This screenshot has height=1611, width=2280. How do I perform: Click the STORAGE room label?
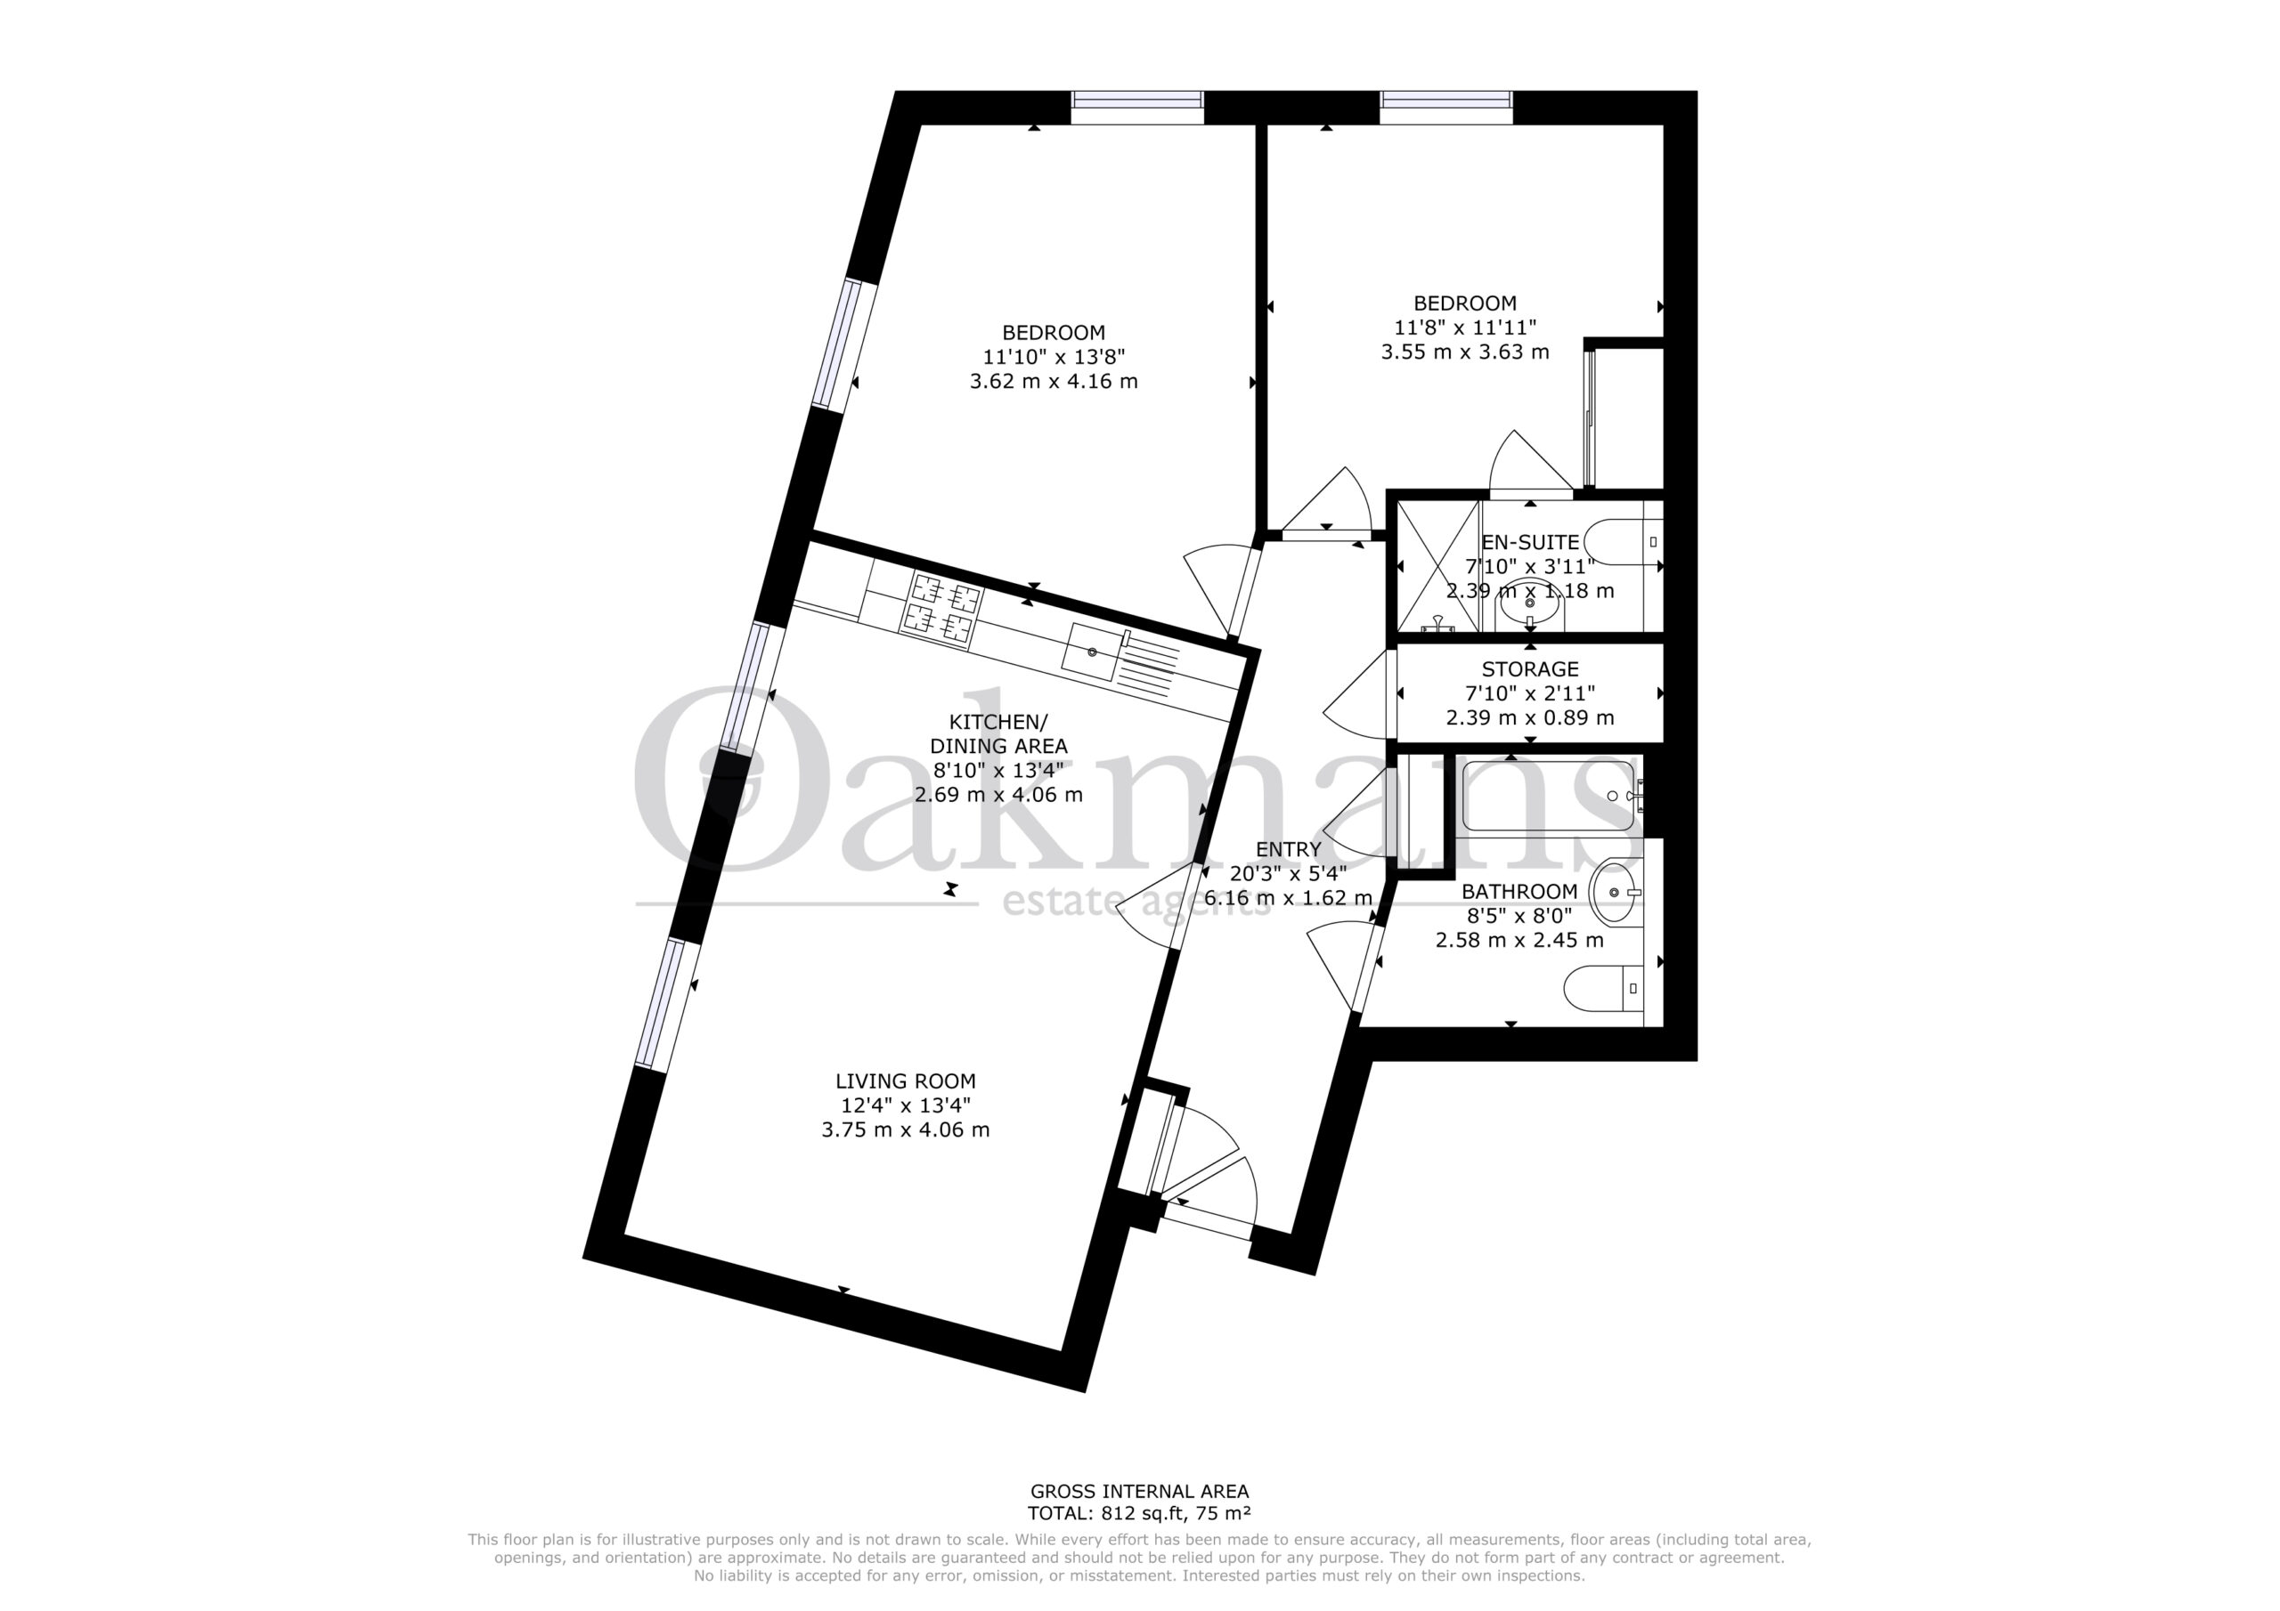1529,669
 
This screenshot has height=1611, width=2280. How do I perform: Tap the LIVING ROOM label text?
905,1081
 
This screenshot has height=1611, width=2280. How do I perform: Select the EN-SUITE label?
1529,542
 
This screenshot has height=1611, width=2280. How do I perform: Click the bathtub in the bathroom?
1549,796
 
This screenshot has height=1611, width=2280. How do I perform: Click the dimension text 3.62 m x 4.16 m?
1054,381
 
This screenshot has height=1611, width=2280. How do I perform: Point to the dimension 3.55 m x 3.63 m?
1465,352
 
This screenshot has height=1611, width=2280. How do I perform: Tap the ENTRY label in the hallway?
1288,850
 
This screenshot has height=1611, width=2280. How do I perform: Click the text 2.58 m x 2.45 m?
1519,940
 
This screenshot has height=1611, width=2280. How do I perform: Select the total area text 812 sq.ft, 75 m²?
1176,1541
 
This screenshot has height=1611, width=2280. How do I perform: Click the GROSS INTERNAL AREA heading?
1139,1518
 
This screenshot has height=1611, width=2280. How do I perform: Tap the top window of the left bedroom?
1137,107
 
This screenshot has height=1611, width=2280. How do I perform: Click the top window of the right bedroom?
1445,107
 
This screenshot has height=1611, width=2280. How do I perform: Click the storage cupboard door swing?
1356,695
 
